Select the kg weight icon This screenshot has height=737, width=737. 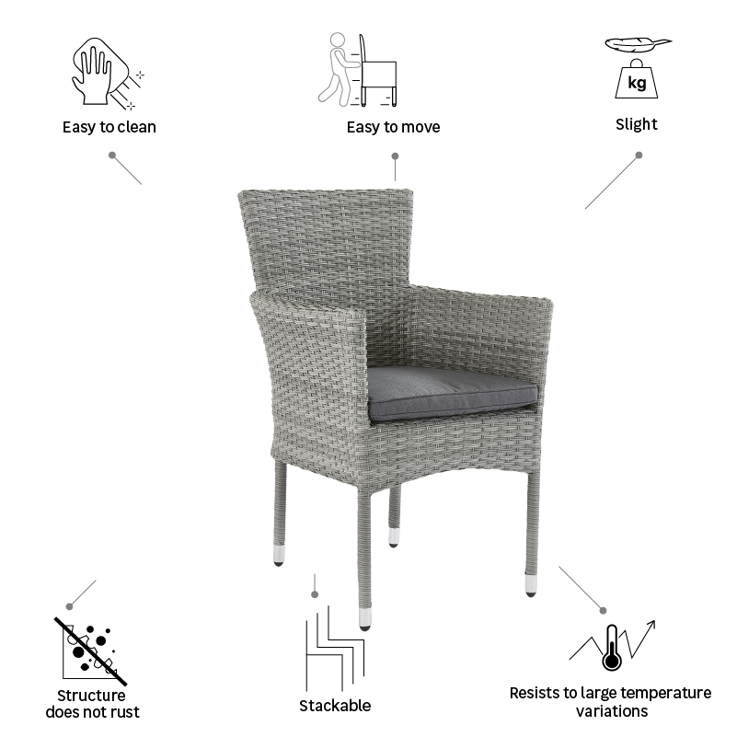[x=636, y=80]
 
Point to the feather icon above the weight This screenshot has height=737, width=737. [x=639, y=43]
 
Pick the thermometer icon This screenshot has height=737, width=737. [x=610, y=648]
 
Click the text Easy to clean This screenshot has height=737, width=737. [x=109, y=127]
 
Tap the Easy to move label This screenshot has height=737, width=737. [x=393, y=127]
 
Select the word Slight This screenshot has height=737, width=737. [x=637, y=124]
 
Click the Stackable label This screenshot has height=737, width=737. [x=335, y=706]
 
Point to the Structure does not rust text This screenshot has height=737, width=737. [x=92, y=704]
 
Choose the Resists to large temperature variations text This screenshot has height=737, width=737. [x=610, y=701]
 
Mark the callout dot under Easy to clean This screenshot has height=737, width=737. [x=112, y=155]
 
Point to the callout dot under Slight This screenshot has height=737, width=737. [x=639, y=155]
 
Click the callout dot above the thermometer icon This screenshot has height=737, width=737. [x=604, y=609]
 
